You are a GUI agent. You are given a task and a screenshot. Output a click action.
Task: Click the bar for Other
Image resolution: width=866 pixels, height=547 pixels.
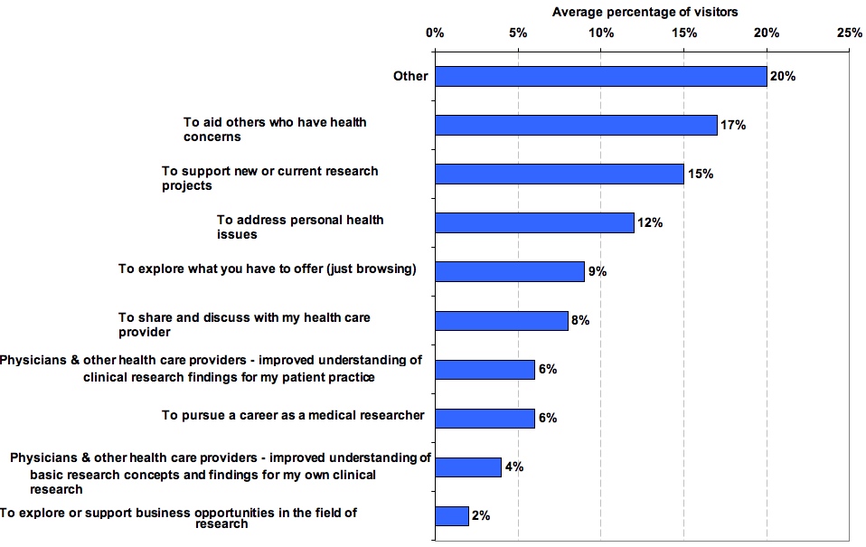pos(600,76)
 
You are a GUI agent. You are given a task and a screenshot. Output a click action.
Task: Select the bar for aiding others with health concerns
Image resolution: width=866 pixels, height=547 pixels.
pos(576,125)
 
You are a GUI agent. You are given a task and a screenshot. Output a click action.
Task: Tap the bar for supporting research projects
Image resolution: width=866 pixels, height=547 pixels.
pos(559,174)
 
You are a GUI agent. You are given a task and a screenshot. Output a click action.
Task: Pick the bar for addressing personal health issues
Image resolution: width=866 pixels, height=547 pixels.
pos(534,222)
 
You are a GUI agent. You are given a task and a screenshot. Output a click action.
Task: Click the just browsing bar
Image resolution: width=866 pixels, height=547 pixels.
pos(510,271)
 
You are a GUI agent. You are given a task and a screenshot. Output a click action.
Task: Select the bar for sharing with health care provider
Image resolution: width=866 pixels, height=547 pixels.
pos(502,320)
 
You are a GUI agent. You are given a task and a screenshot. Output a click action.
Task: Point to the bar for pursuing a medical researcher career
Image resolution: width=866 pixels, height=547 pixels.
pos(485,418)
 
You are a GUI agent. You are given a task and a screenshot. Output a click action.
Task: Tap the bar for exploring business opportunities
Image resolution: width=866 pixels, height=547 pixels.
pos(452,515)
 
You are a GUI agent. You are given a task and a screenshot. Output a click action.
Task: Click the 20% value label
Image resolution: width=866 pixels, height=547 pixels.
pos(783,77)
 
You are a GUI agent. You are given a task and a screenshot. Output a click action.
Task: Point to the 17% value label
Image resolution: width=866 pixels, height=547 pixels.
pos(733,126)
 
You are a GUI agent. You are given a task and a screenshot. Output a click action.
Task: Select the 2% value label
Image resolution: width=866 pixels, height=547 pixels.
pos(481,516)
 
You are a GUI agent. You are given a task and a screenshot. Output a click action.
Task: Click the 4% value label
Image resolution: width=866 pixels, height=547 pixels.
pos(514,467)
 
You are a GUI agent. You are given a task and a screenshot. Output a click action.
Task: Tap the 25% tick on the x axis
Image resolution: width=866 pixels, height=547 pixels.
pos(849,33)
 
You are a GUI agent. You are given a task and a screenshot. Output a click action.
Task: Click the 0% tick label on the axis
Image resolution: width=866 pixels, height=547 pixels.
pos(434,33)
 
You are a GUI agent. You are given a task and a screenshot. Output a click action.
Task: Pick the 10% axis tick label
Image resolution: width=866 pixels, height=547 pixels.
pos(600,33)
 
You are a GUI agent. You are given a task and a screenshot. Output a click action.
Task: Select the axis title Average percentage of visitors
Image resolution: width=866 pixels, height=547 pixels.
pos(645,12)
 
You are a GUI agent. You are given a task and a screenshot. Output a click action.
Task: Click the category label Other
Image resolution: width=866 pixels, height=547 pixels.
pos(410,76)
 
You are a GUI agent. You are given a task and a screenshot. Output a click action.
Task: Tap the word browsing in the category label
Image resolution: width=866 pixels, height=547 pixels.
pos(385,269)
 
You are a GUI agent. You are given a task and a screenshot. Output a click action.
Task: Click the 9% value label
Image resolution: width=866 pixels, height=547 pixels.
pos(597,272)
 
